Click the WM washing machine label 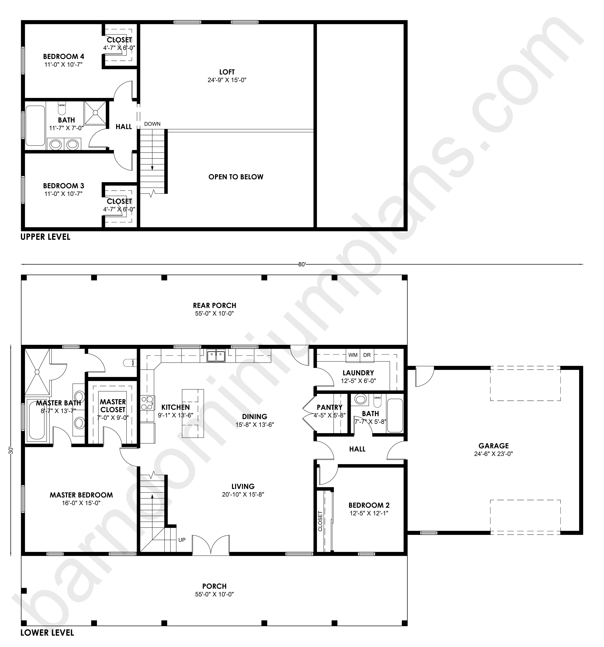(353, 355)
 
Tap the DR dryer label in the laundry (367, 355)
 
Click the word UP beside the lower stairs (182, 540)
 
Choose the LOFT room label (227, 72)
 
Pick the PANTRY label (330, 407)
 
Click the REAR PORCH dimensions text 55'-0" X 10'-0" (214, 313)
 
